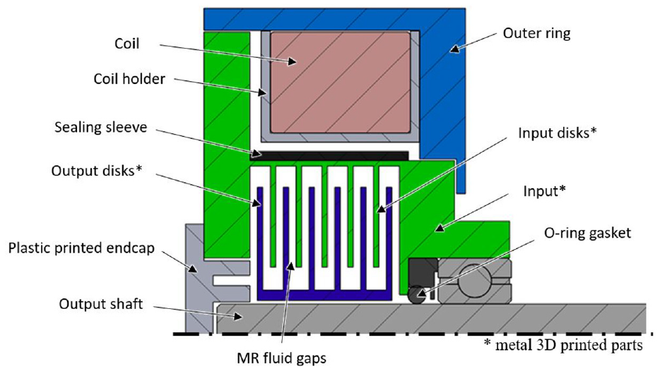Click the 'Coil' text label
(126, 44)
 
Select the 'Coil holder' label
(129, 79)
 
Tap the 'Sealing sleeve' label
(101, 127)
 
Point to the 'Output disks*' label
(97, 171)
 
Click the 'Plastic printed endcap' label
(82, 248)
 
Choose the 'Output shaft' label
(101, 304)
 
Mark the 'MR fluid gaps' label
(281, 358)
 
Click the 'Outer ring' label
(536, 33)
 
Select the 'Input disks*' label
(557, 133)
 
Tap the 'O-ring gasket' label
(588, 233)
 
